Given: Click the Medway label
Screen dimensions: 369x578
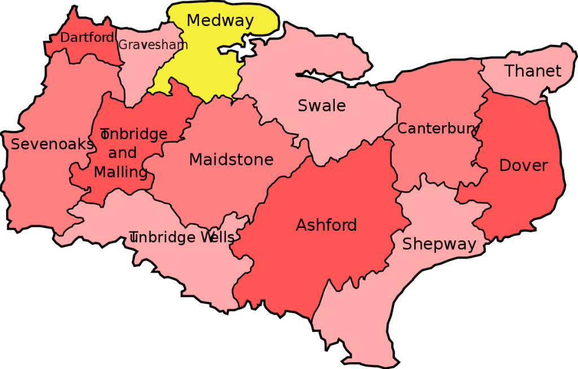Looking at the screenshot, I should pos(220,21).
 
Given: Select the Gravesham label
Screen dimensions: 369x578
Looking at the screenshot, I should pos(152,45).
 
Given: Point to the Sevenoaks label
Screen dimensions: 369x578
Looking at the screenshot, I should pos(52,144).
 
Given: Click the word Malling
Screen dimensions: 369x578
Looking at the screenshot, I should pos(120,172).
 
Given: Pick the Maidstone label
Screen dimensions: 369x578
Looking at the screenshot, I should pos(231,160).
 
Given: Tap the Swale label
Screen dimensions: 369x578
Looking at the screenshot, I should pos(322,106).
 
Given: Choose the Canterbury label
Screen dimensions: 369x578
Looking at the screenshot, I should pos(438,129).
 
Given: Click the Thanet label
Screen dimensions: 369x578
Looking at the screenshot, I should pos(533,71).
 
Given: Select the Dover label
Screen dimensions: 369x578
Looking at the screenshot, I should pos(523,165).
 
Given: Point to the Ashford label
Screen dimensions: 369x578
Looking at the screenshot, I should pos(326,226).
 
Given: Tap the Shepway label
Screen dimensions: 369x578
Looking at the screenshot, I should pos(439,244).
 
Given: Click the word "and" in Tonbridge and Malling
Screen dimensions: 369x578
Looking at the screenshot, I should pos(122,153).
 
